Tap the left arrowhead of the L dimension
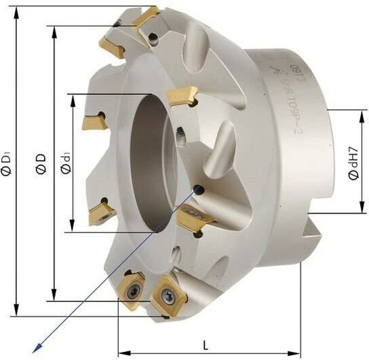tap(123, 353)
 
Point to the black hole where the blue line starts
tap(198, 191)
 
